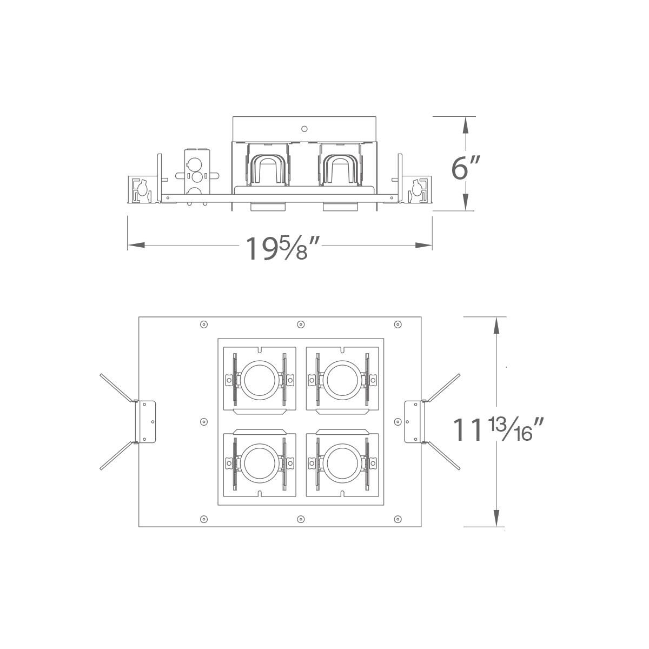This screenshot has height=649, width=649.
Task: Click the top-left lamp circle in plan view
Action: [x=260, y=380]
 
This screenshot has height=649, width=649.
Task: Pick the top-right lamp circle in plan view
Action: [x=342, y=380]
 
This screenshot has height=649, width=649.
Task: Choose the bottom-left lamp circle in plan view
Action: [x=260, y=463]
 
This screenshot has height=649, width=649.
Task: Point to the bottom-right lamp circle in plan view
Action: [x=342, y=463]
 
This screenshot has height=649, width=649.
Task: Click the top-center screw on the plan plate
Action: [x=301, y=325]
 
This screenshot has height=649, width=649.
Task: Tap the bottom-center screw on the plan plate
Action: [x=301, y=519]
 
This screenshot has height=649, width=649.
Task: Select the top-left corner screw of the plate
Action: [x=203, y=325]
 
